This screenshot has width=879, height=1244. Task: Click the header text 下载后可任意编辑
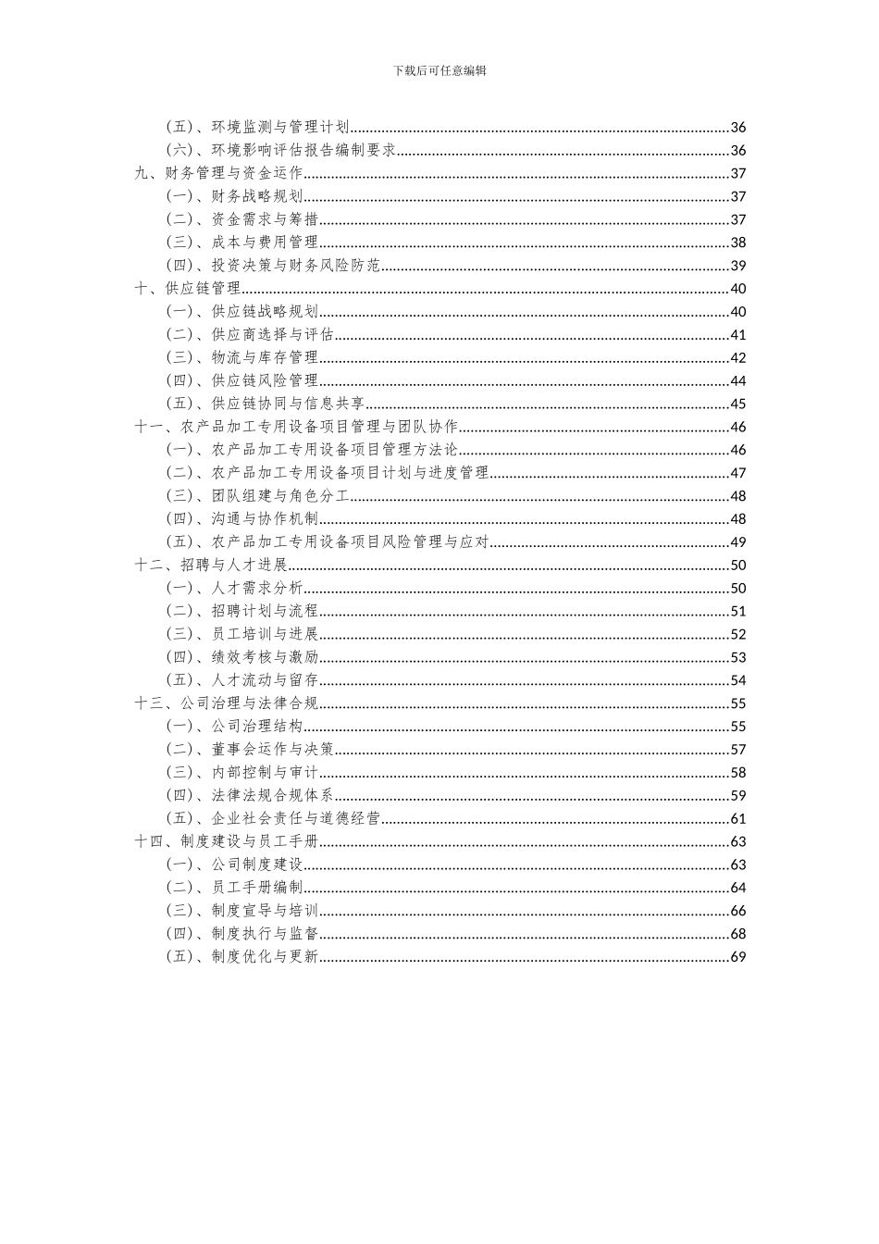pyautogui.click(x=439, y=70)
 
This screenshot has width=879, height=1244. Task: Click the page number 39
pyautogui.click(x=737, y=266)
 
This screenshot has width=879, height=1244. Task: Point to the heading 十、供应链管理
pyautogui.click(x=188, y=289)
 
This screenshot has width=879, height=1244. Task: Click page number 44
pyautogui.click(x=737, y=380)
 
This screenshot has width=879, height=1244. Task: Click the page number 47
pyautogui.click(x=737, y=473)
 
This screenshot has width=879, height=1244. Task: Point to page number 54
pyautogui.click(x=737, y=680)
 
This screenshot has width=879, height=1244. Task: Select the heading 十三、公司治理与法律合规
pyautogui.click(x=227, y=703)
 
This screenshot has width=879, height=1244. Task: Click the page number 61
pyautogui.click(x=737, y=818)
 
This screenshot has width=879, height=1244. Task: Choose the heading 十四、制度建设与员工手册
pyautogui.click(x=227, y=841)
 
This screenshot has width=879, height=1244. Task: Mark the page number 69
pyautogui.click(x=737, y=956)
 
